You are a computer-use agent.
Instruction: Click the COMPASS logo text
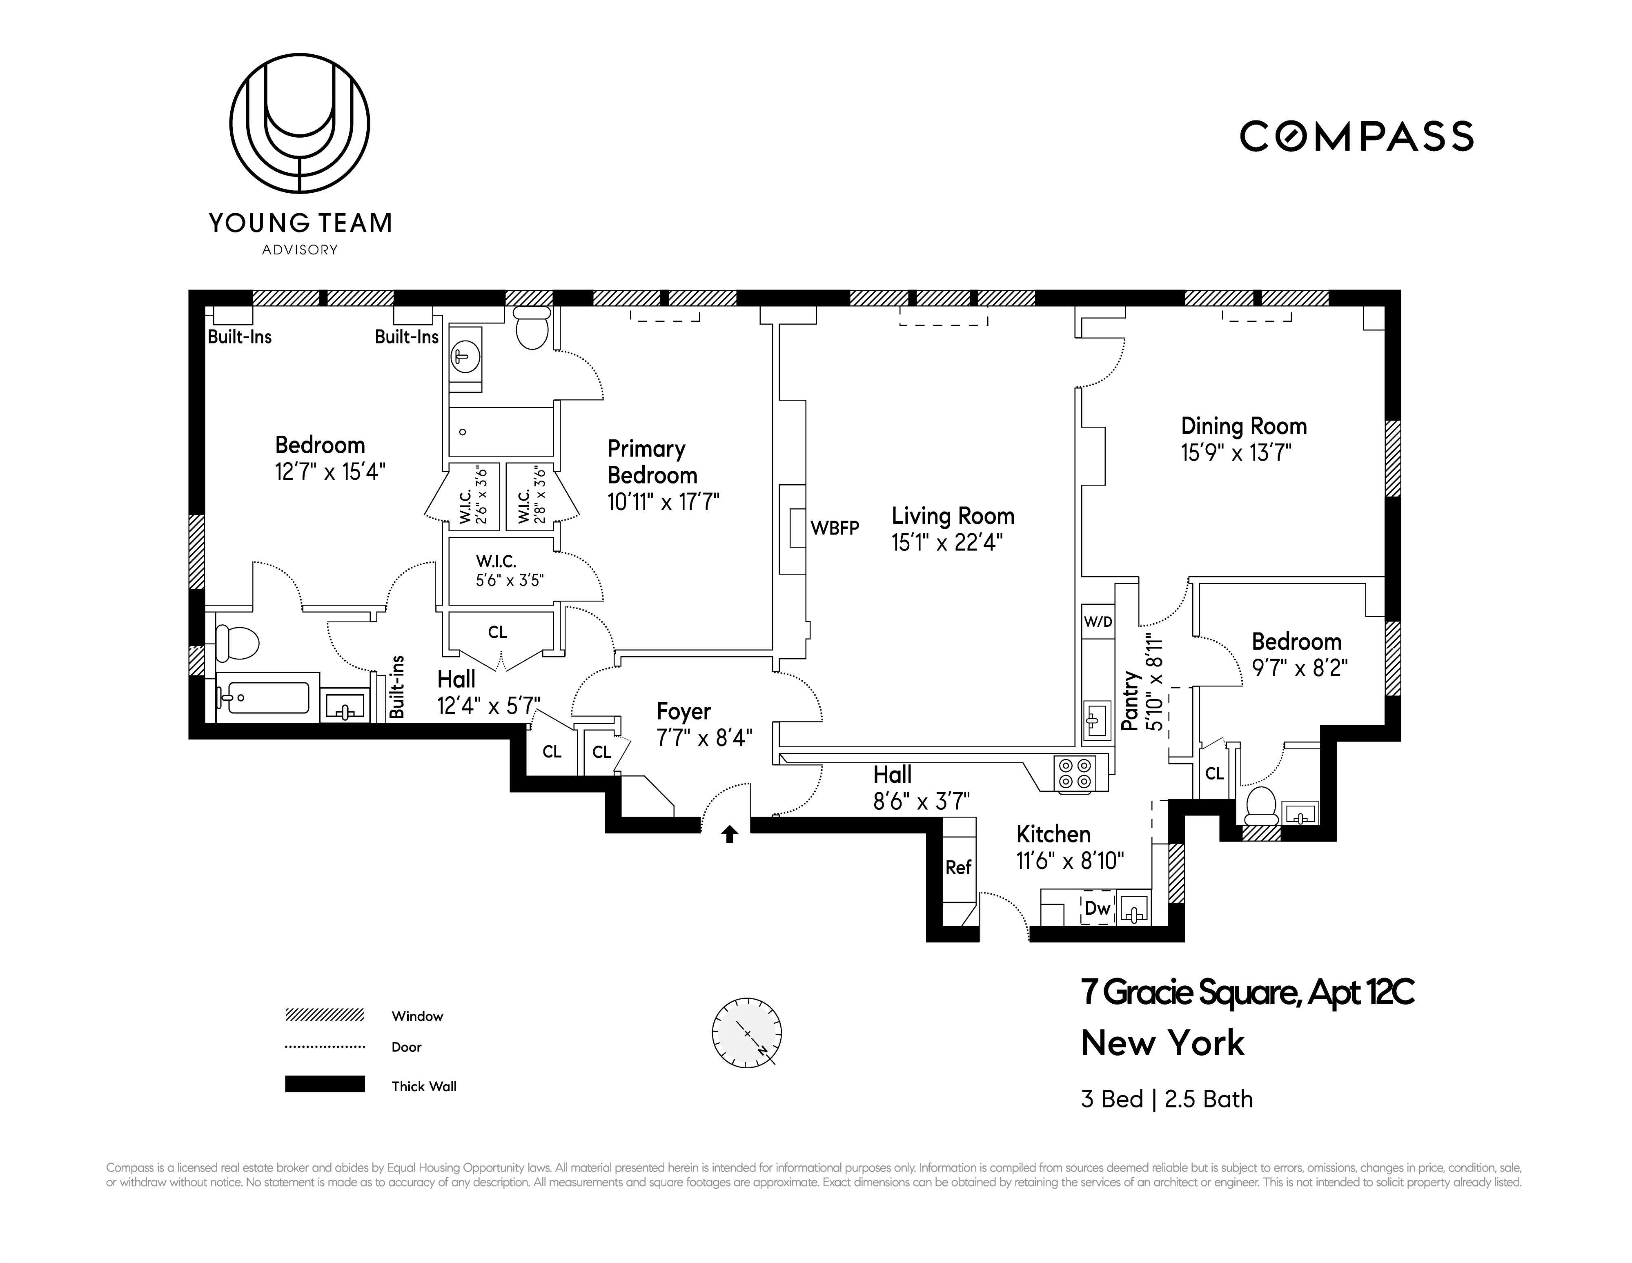tap(1356, 137)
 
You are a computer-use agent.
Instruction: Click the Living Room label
tap(953, 516)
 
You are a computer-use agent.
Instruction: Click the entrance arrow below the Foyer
tap(730, 834)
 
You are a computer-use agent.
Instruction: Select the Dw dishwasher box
tap(1098, 908)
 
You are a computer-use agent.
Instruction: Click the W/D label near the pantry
tap(1098, 622)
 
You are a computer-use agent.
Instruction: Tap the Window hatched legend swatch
tap(324, 1015)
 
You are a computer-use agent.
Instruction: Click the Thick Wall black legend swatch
tap(324, 1085)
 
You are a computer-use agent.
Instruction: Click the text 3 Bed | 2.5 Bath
tap(1167, 1099)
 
